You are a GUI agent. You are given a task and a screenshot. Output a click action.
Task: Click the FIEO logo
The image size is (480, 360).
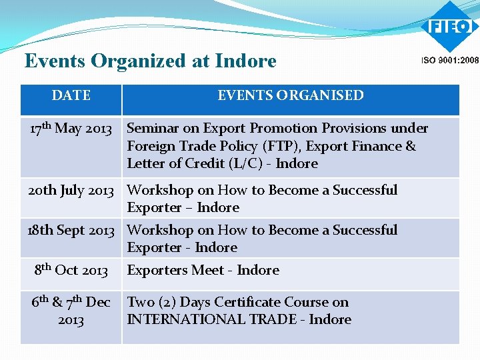pos(449,27)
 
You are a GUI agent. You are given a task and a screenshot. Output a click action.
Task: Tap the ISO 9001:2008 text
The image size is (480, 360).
pos(449,60)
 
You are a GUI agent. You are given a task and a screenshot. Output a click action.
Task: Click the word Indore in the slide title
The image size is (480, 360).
pos(245,61)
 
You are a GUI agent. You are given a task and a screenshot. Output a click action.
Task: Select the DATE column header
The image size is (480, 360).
pos(71,95)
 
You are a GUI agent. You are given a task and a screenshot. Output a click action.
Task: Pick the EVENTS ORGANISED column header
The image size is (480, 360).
pos(291,95)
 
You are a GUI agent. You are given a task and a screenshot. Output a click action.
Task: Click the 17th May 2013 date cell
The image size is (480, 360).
pos(71,128)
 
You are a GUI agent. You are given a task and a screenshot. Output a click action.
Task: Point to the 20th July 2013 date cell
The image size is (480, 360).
pos(71,190)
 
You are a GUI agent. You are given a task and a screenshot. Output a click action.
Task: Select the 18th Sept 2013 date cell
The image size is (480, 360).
pos(71,230)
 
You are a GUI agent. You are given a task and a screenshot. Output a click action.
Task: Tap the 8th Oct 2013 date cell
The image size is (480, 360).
pos(71,270)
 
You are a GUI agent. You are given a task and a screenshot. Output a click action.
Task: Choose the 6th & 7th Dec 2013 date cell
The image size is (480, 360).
pos(71,311)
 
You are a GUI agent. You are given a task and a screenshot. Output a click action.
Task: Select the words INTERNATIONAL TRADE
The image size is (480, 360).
pos(211,319)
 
